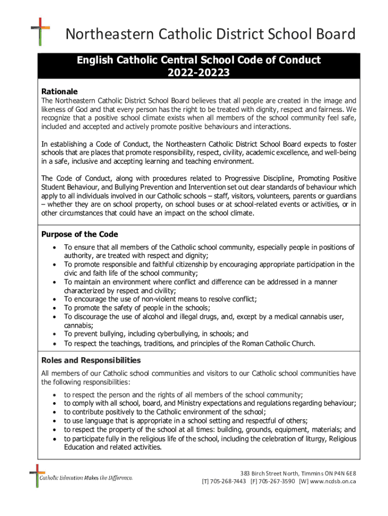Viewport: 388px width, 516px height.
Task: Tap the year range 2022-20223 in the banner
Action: pyautogui.click(x=199, y=74)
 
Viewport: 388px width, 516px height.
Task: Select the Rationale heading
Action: pyautogui.click(x=59, y=92)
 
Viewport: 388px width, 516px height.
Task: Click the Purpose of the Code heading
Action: pyautogui.click(x=80, y=234)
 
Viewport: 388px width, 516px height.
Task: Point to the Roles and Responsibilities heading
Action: pyautogui.click(x=91, y=360)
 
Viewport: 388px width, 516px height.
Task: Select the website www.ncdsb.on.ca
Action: pyautogui.click(x=335, y=481)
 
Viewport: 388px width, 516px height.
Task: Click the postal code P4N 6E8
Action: pyautogui.click(x=345, y=473)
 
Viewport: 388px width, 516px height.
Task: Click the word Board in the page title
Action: pyautogui.click(x=334, y=34)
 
